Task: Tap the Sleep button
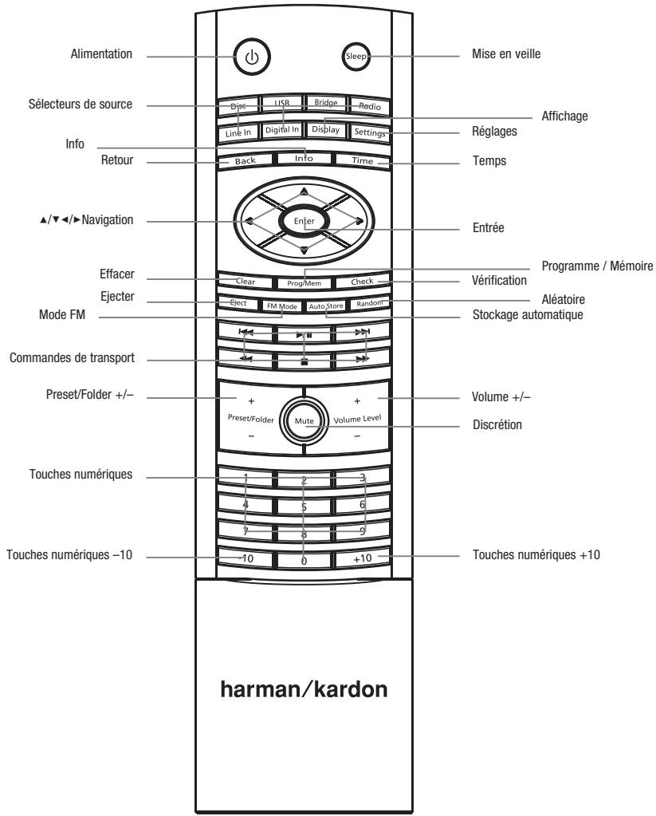(354, 57)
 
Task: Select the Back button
(245, 160)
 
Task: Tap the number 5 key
(303, 506)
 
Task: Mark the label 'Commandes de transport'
(71, 360)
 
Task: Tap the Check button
(360, 282)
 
